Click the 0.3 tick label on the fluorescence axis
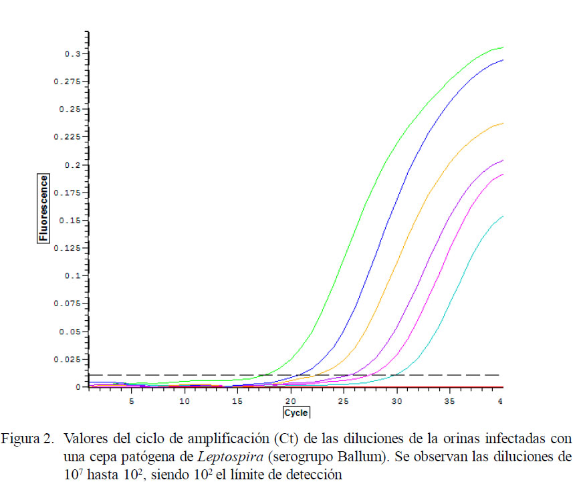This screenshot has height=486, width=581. point(72,53)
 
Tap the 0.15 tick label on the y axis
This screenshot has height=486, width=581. point(70,220)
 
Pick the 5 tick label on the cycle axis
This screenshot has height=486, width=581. point(131,401)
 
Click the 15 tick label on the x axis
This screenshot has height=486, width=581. point(237,401)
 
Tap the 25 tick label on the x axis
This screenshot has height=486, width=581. point(343,401)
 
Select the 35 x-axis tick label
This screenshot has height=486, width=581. point(449,401)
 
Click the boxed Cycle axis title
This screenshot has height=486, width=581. point(296,413)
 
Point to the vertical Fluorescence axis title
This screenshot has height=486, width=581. point(43,208)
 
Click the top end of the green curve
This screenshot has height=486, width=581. point(502,47)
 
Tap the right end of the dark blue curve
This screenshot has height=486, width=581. point(502,60)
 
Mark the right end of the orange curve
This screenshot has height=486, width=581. point(502,123)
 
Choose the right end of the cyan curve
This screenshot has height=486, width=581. point(502,216)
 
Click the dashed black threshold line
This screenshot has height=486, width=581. point(201,375)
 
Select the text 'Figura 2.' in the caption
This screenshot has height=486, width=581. point(27,440)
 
